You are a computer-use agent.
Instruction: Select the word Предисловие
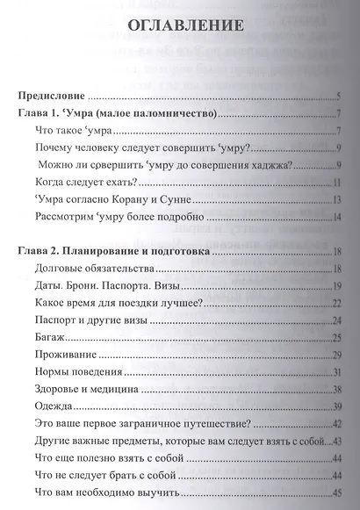(x=52, y=97)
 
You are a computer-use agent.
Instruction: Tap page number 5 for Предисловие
(x=338, y=97)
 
